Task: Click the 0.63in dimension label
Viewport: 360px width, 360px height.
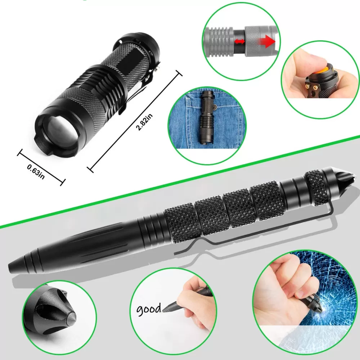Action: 36,172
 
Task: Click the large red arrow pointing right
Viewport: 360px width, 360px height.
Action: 266,42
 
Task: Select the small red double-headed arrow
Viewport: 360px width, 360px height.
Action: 239,41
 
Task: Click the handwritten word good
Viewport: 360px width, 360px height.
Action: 149,309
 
